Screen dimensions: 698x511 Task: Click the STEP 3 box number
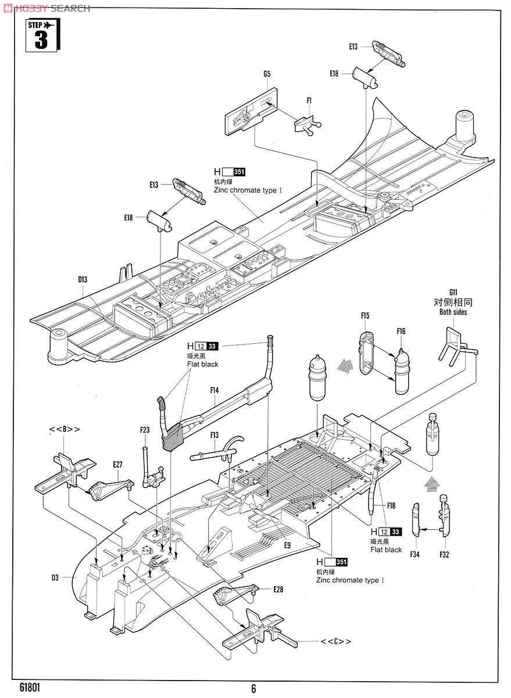tap(42, 41)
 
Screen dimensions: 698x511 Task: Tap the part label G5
tap(267, 74)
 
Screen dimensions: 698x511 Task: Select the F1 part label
tap(309, 101)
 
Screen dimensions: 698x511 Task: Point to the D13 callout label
tap(83, 280)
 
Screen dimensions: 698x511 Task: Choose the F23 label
tap(145, 430)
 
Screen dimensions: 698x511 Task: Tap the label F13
tap(214, 435)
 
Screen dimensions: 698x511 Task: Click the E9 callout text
tap(287, 545)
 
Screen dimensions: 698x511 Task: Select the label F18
tap(391, 505)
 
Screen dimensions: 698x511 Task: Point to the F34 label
tap(414, 554)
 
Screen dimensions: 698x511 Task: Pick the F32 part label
tap(444, 554)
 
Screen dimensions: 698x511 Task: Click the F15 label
tap(365, 316)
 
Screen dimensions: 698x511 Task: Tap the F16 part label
tap(401, 332)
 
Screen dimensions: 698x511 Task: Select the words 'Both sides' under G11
tap(453, 312)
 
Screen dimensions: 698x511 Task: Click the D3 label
tap(55, 578)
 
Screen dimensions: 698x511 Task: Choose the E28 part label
tap(278, 589)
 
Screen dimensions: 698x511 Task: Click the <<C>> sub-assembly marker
tap(336, 642)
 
